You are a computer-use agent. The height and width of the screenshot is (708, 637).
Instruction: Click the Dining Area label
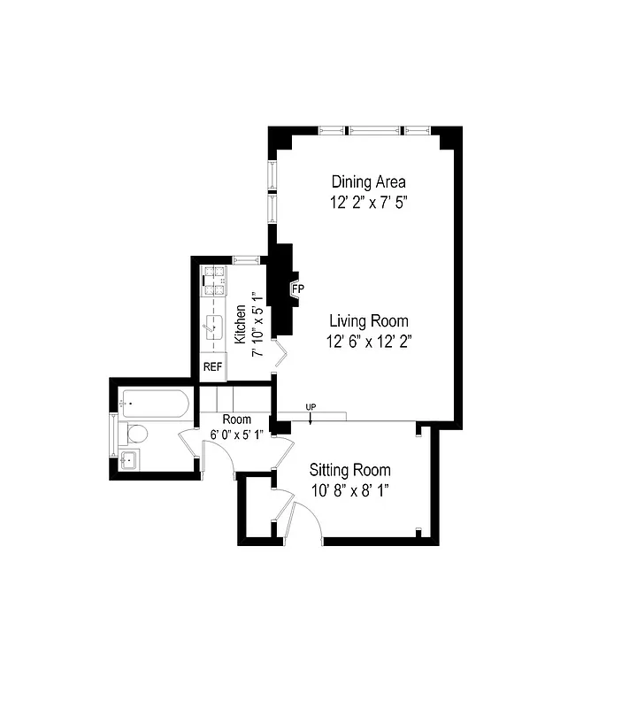pyautogui.click(x=368, y=181)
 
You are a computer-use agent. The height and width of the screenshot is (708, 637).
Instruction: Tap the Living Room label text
pyautogui.click(x=369, y=320)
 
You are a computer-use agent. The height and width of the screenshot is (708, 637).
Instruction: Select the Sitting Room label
pyautogui.click(x=349, y=470)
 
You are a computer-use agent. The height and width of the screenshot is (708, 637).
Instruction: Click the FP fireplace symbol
pyautogui.click(x=297, y=288)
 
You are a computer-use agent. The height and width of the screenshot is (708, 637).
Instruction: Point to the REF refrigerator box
pyautogui.click(x=213, y=366)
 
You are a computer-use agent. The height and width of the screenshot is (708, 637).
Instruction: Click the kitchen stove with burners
pyautogui.click(x=215, y=281)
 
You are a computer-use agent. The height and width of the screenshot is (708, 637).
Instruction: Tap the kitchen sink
pyautogui.click(x=212, y=327)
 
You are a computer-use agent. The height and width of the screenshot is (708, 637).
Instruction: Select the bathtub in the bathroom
pyautogui.click(x=156, y=405)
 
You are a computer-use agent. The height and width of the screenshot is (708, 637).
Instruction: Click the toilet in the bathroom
pyautogui.click(x=136, y=434)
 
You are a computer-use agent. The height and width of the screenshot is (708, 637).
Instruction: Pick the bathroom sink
pyautogui.click(x=127, y=458)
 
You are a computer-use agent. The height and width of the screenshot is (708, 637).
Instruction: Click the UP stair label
pyautogui.click(x=311, y=407)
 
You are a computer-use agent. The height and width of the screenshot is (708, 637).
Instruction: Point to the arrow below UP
pyautogui.click(x=311, y=418)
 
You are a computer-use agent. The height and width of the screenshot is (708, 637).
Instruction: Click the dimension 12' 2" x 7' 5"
pyautogui.click(x=368, y=202)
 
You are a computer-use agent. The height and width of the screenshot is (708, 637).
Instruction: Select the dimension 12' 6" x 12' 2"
pyautogui.click(x=369, y=340)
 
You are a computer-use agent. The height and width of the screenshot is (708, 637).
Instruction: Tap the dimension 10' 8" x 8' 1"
pyautogui.click(x=349, y=489)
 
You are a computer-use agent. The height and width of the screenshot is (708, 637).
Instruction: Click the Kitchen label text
pyautogui.click(x=239, y=324)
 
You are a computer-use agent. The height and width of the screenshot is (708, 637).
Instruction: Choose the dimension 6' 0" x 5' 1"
pyautogui.click(x=236, y=434)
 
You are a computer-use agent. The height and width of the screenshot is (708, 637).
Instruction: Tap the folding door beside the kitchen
pyautogui.click(x=280, y=357)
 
